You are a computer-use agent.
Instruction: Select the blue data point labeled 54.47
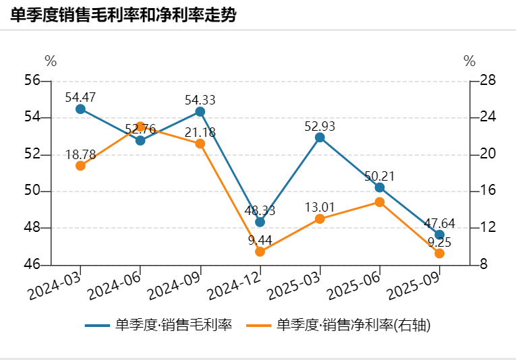point(80,109)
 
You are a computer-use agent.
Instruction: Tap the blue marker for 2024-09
point(200,111)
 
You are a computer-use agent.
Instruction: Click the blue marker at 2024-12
point(260,222)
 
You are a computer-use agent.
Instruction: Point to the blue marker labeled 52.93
point(320,138)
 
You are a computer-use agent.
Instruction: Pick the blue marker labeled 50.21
point(380,187)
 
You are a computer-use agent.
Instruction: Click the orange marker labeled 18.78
point(80,166)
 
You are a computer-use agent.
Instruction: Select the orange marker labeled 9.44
point(260,251)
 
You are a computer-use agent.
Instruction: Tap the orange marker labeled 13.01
point(320,218)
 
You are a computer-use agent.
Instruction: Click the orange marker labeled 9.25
point(440,253)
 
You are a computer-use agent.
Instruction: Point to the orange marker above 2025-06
point(380,202)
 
